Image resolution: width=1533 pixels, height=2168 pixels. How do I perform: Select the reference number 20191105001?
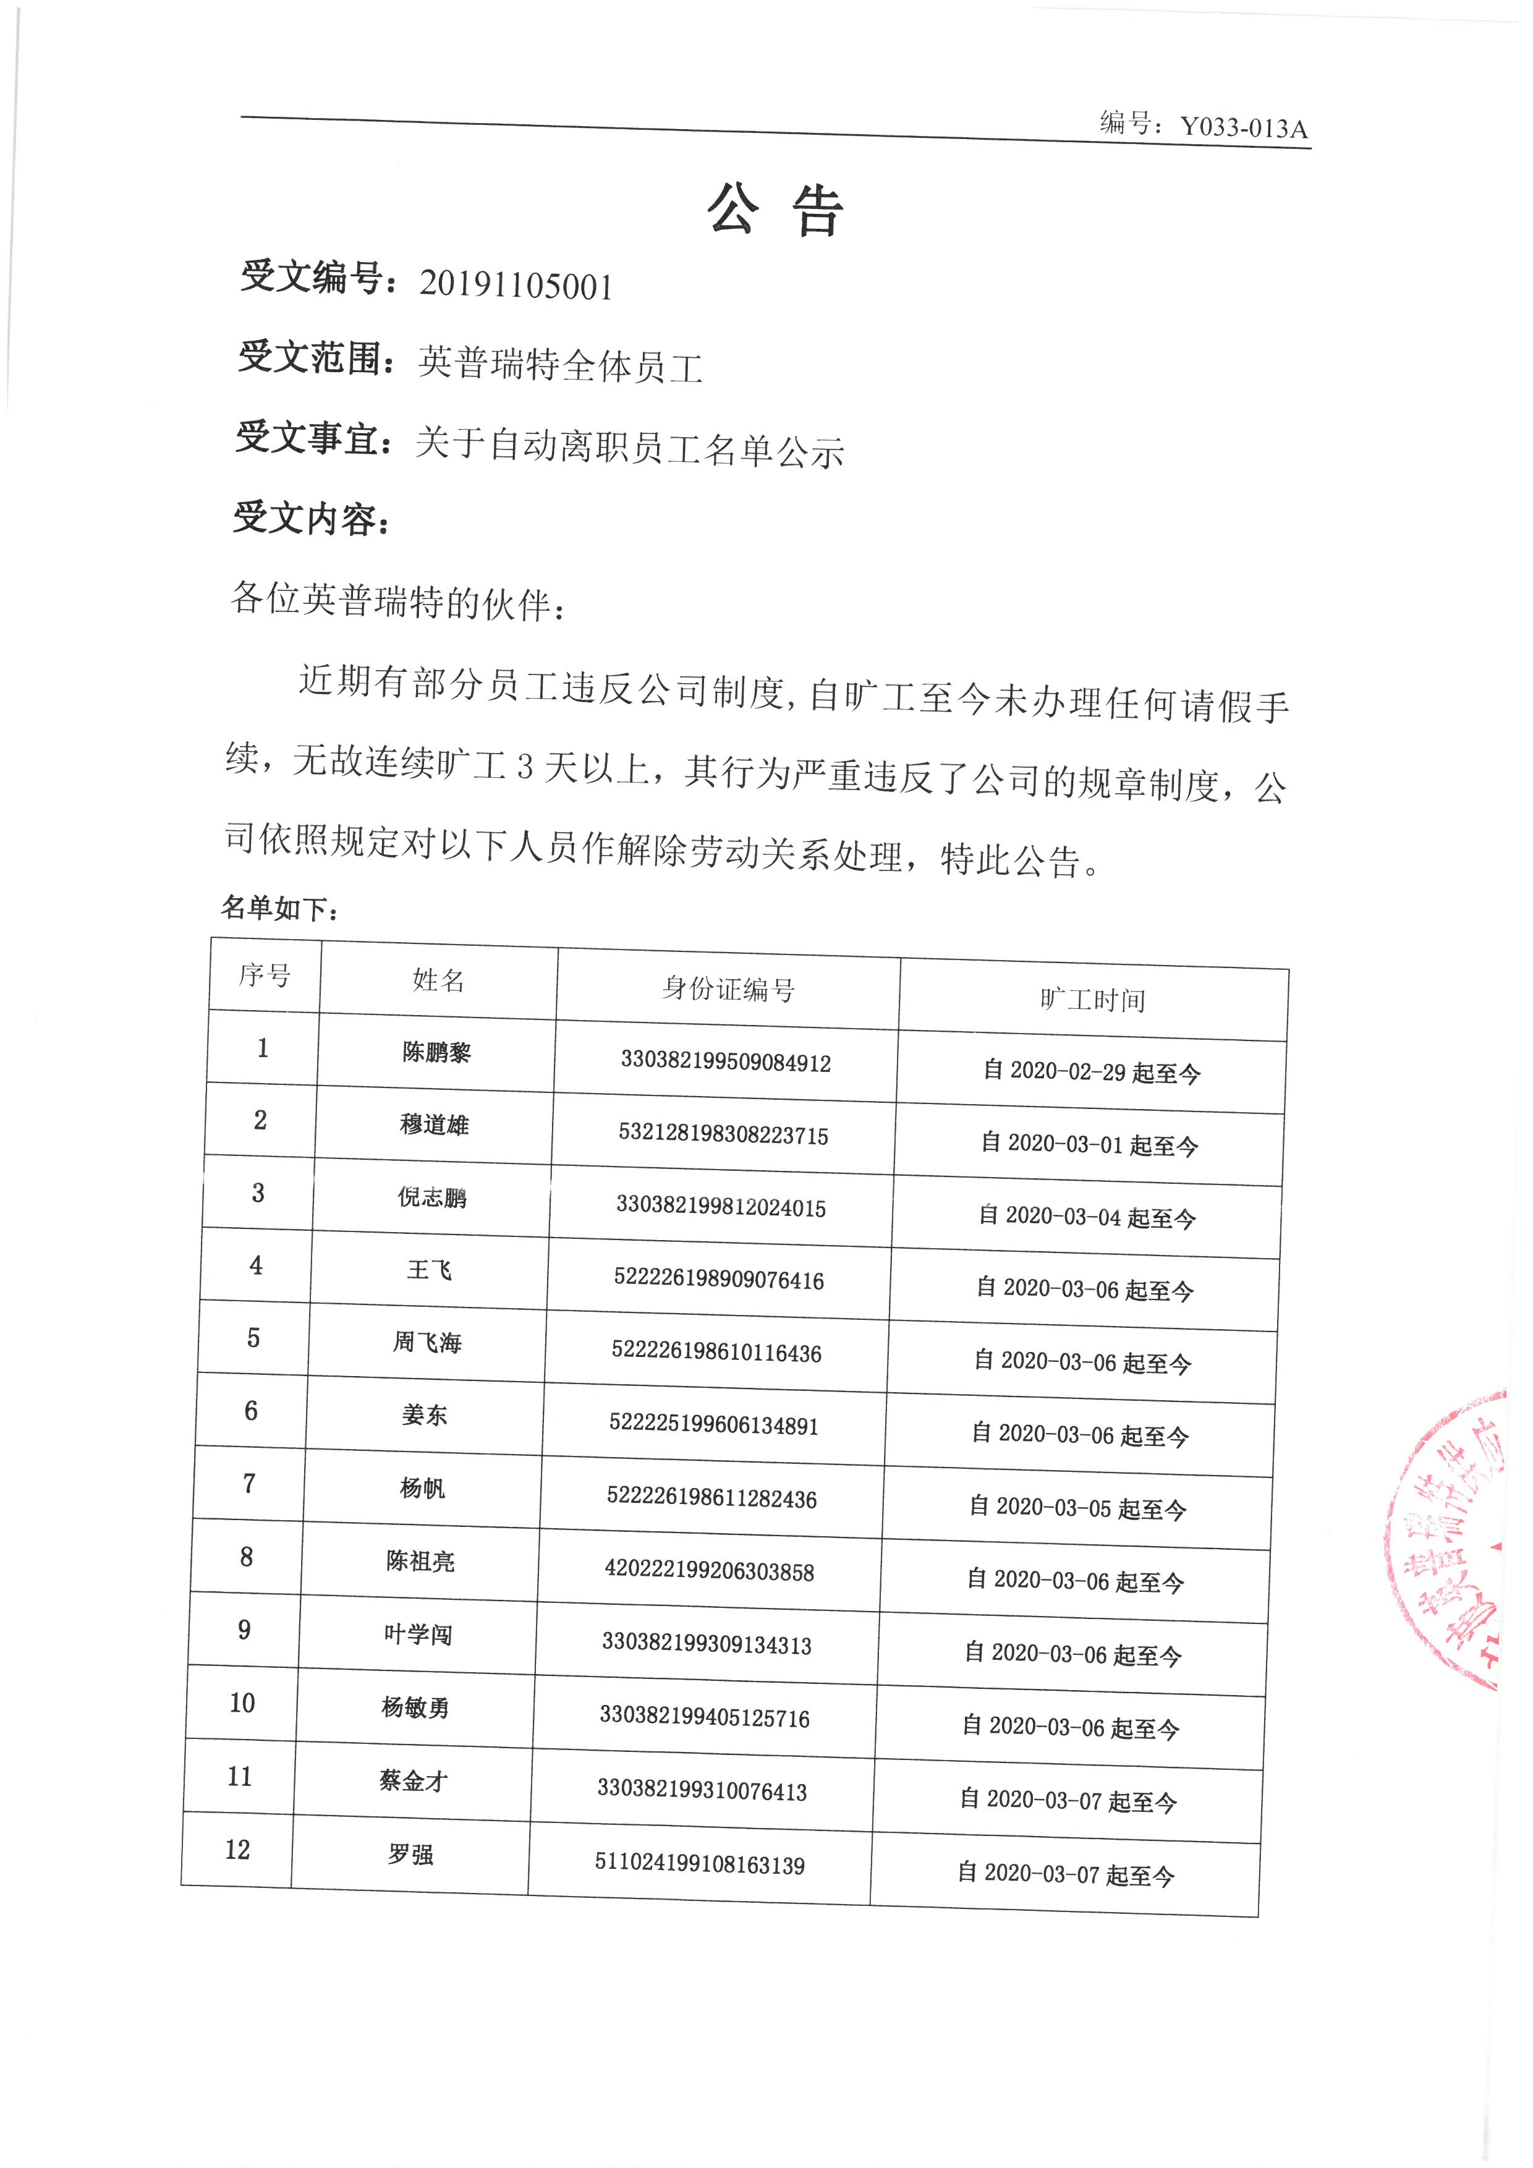[x=516, y=285]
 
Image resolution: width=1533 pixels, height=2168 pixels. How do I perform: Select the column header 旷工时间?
[x=1092, y=1000]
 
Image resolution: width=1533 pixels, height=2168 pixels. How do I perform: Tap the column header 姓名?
[x=438, y=980]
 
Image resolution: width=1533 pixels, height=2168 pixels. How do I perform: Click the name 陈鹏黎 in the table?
[x=436, y=1052]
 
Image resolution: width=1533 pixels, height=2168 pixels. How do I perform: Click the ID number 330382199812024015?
[x=721, y=1208]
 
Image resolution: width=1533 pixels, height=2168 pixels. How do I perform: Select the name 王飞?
[x=430, y=1270]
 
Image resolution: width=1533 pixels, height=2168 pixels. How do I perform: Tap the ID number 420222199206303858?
[x=709, y=1571]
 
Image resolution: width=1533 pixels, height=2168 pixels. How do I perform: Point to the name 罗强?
[x=410, y=1855]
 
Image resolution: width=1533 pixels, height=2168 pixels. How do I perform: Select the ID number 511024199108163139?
[x=700, y=1865]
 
